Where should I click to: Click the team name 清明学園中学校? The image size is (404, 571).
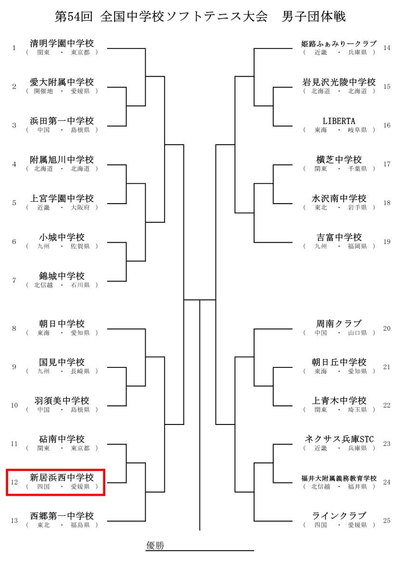[62, 43]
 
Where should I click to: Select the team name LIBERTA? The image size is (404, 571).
[339, 121]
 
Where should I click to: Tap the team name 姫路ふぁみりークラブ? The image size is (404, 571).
[339, 44]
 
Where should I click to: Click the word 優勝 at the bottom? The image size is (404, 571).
[155, 545]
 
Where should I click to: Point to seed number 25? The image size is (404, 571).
[387, 520]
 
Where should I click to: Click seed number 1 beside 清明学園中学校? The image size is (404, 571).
[14, 48]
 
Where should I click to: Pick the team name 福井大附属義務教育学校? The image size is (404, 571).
[339, 478]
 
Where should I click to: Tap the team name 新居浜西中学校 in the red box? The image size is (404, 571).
[62, 477]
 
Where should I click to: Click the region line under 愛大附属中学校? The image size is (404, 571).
[62, 91]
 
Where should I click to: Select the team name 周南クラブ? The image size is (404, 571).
[339, 324]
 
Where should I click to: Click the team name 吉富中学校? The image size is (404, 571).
[339, 237]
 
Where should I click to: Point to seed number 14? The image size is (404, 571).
[387, 48]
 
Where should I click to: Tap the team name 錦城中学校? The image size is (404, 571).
[62, 276]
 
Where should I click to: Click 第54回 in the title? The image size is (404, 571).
[73, 17]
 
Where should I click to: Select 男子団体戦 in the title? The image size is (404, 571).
[314, 17]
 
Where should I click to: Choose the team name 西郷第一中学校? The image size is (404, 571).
[62, 516]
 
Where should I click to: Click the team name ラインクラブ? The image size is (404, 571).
[339, 516]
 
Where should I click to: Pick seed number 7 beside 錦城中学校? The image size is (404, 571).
[14, 280]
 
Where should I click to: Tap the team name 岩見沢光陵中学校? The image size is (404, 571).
[339, 82]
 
